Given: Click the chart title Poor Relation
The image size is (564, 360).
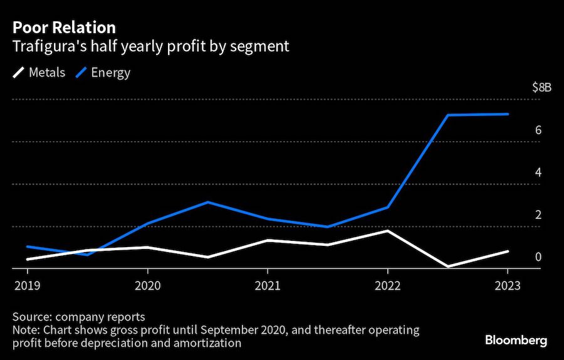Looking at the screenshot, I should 63,28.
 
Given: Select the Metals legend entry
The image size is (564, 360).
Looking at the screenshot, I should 39,72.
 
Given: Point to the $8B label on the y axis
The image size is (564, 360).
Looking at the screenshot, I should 541,88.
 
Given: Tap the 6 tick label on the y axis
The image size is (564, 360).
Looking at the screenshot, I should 538,130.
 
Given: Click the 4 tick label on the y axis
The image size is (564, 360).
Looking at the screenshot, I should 538,172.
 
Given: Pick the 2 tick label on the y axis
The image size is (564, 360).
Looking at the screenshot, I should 538,214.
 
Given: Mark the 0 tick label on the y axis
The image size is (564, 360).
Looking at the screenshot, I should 538,257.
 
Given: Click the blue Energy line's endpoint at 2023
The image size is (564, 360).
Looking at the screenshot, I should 508,114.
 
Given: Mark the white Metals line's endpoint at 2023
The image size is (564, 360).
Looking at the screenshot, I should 508,251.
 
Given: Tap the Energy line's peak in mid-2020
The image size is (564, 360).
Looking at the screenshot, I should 207,202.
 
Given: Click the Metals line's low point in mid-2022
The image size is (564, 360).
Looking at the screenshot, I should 447,267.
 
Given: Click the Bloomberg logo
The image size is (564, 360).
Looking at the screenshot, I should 516,341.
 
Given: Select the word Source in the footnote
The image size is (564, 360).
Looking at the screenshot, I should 30,316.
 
